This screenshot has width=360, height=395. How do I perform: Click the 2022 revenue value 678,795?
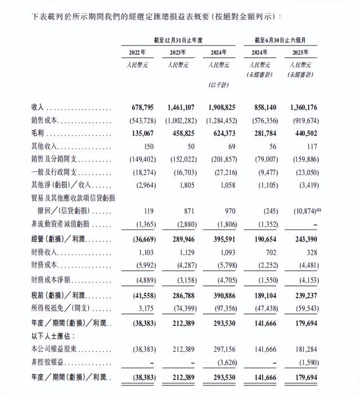pyautogui.click(x=140, y=107)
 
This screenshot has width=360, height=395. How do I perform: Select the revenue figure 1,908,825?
pyautogui.click(x=220, y=107)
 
